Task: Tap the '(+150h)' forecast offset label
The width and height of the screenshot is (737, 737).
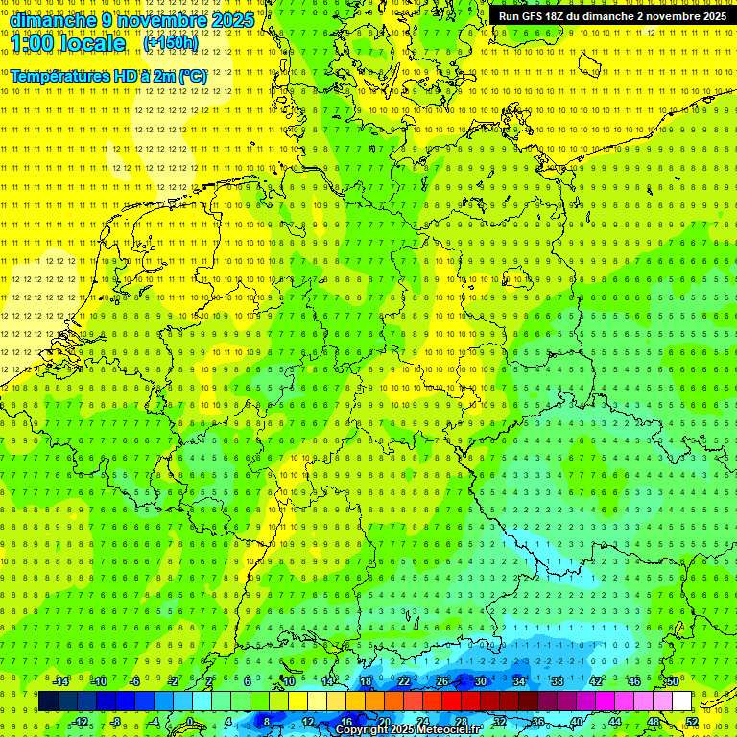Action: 170,43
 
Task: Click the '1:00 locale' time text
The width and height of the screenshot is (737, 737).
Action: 68,44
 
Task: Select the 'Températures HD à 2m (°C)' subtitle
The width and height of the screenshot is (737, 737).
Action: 108,75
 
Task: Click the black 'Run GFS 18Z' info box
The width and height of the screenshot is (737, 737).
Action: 611,16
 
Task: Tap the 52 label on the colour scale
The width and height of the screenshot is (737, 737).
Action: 691,722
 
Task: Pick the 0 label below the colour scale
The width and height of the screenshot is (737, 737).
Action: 190,722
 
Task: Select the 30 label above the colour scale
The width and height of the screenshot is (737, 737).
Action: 480,681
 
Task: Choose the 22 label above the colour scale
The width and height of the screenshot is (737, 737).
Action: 403,681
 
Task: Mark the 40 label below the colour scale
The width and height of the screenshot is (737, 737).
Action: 576,722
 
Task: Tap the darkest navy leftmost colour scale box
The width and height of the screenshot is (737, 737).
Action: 48,701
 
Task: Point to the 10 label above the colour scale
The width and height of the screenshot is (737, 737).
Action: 288,681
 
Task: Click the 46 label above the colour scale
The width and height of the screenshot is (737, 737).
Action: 633,681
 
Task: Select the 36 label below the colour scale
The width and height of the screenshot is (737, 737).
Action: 537,722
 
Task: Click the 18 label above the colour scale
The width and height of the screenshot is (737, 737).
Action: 365,681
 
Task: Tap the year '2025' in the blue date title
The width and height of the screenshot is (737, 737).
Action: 232,20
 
